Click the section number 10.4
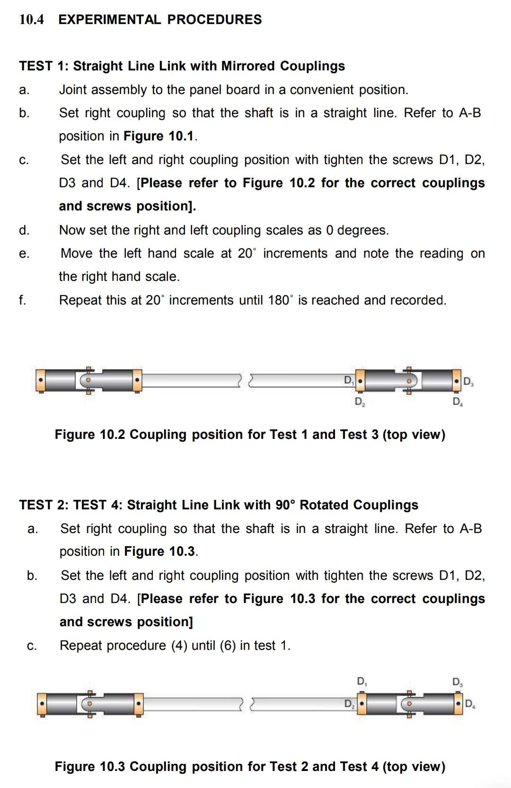(31, 19)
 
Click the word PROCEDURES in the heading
(214, 19)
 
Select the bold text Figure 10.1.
(160, 136)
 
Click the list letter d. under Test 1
(24, 230)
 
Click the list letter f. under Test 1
(23, 300)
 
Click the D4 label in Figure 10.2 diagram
(458, 402)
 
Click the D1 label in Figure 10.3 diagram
(362, 682)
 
